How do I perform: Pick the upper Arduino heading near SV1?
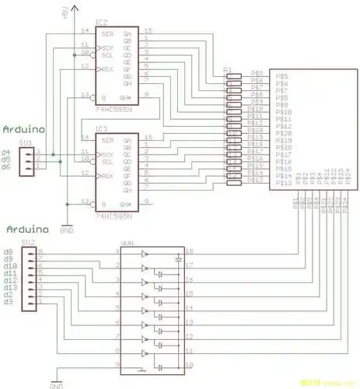(x=23, y=128)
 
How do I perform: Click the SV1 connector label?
(x=26, y=143)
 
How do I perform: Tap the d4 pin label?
(x=6, y=152)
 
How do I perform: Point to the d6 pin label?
(x=6, y=166)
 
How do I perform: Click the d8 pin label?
(x=9, y=252)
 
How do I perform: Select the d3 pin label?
(x=9, y=302)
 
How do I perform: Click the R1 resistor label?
(x=228, y=69)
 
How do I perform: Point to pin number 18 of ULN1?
(x=189, y=251)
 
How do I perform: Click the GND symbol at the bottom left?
(x=55, y=384)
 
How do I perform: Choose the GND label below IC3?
(x=67, y=230)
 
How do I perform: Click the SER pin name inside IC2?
(x=108, y=35)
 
